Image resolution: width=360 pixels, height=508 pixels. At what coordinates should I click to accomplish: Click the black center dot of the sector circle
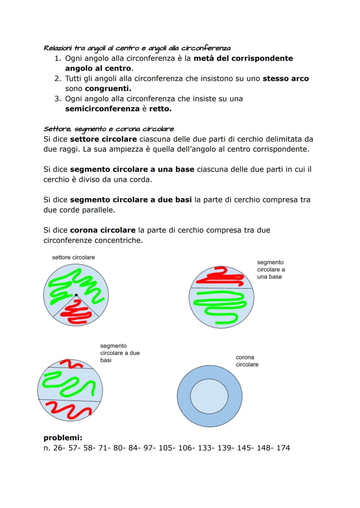click(76, 295)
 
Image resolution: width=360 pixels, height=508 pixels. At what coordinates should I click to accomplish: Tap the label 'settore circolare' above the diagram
click(73, 257)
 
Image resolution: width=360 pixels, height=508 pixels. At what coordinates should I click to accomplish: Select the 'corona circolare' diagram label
click(247, 361)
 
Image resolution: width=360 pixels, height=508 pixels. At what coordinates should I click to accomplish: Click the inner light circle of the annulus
click(209, 396)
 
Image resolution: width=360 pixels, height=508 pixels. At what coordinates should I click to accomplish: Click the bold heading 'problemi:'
click(63, 437)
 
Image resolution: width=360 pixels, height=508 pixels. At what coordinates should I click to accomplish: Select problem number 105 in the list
click(167, 448)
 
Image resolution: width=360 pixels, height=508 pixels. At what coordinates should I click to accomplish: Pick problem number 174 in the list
click(283, 448)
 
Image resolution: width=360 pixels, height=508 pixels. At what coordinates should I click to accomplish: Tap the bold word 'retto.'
click(160, 109)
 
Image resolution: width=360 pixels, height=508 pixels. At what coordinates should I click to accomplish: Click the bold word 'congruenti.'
click(108, 89)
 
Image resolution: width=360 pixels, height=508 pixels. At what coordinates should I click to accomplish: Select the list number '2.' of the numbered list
click(58, 79)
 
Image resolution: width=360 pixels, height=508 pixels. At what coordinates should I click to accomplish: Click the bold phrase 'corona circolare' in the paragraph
click(103, 230)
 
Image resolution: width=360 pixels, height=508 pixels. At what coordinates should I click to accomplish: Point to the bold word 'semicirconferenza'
click(102, 109)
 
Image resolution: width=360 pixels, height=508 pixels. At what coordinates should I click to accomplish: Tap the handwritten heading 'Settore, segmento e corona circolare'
click(109, 129)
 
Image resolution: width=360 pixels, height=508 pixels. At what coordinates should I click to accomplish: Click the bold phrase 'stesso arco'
click(286, 79)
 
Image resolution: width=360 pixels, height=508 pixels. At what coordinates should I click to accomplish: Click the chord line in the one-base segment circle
click(221, 288)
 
